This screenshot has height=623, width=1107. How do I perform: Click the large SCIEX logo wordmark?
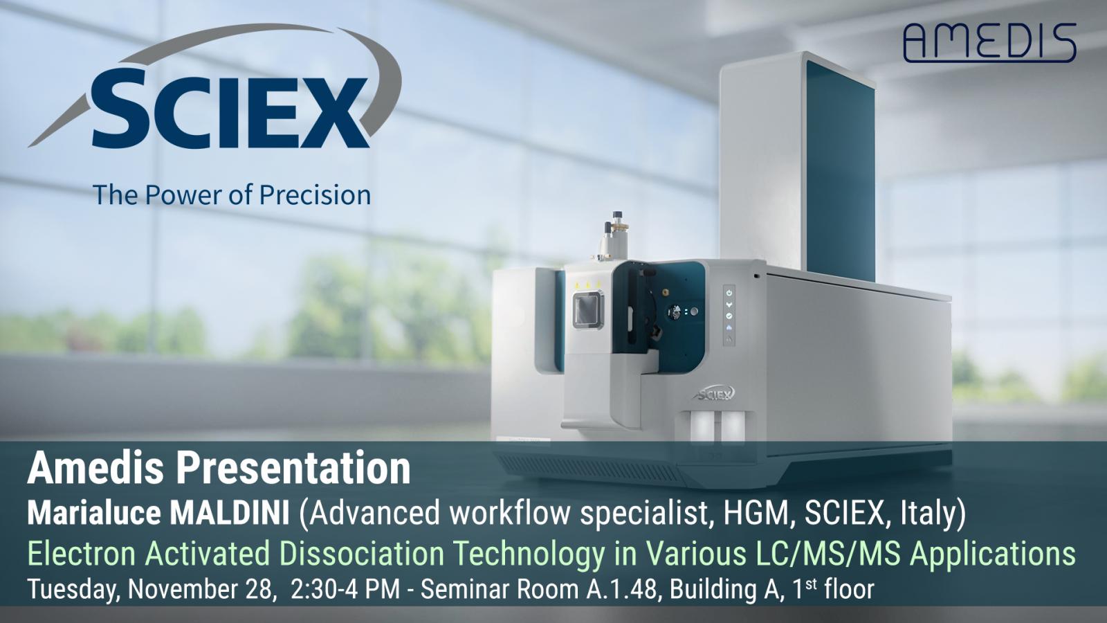point(230,109)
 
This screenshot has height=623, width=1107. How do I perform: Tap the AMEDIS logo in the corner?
point(990,42)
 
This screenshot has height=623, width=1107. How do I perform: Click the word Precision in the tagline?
point(315,195)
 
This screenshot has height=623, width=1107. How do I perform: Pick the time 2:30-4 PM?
point(345,589)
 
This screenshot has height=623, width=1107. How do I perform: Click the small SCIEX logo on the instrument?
point(715,394)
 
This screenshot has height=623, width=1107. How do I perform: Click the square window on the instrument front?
point(588,311)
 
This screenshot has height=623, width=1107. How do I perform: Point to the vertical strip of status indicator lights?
point(729,315)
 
